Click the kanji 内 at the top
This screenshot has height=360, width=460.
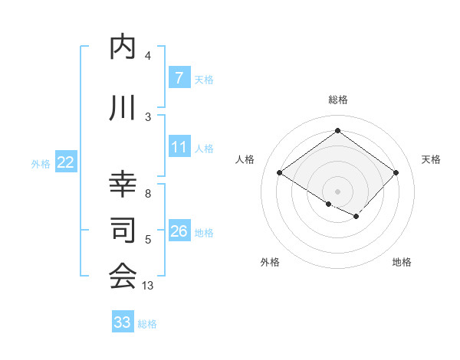pos(123,47)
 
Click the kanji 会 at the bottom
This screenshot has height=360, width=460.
pos(123,276)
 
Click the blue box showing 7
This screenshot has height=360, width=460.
pos(179,78)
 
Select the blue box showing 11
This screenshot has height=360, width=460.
pos(179,146)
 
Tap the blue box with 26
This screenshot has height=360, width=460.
pos(179,231)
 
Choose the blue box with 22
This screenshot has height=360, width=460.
pos(66,162)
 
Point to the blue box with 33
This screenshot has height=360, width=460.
pos(123,322)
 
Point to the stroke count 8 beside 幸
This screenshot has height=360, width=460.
pos(147,194)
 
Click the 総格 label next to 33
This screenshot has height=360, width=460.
pos(147,324)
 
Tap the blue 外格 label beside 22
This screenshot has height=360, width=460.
pos(41,163)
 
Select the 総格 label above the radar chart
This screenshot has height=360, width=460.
pos(337,100)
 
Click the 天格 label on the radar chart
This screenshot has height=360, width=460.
pos(431,159)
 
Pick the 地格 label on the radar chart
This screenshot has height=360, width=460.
pos(401,262)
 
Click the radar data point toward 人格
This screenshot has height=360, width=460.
pos(280,173)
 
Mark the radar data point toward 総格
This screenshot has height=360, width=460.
pos(337,130)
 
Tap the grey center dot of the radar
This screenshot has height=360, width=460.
pos(337,190)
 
